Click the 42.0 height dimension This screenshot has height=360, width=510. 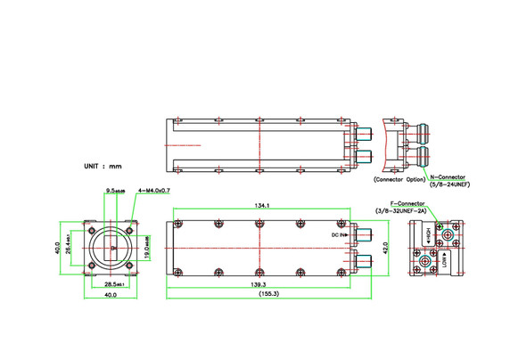tap(385, 246)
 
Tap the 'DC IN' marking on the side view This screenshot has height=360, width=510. tap(337, 233)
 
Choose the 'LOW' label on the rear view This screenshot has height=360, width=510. tap(443, 261)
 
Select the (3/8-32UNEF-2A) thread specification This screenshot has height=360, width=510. tap(401, 210)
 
